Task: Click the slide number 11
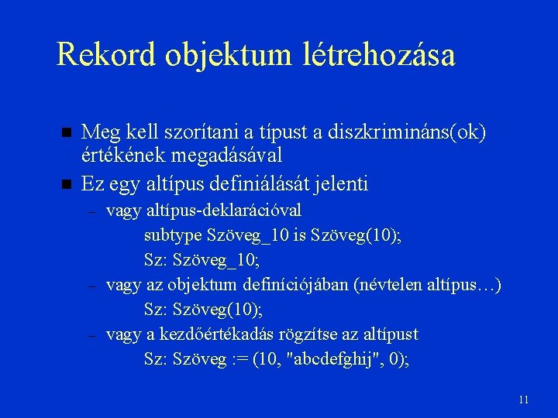pyautogui.click(x=523, y=399)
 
